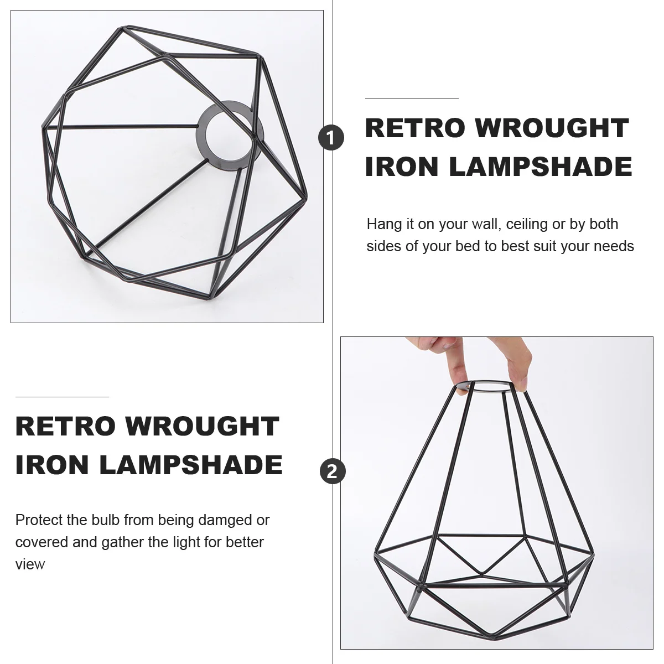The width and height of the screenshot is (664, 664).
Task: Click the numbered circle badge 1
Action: (331, 138)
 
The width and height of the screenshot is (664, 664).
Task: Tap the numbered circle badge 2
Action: (333, 471)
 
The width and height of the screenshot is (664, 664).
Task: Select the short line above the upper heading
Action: (412, 98)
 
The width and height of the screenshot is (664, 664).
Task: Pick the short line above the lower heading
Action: (62, 397)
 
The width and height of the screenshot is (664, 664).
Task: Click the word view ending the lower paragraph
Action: (30, 564)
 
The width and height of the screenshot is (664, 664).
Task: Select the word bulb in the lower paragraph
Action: (105, 520)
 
